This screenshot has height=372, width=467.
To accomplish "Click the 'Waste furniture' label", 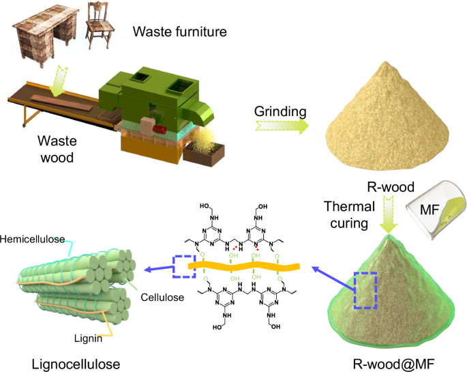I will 179,31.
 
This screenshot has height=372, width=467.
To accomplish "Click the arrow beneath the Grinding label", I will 280,126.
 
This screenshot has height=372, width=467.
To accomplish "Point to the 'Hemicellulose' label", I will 33,239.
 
